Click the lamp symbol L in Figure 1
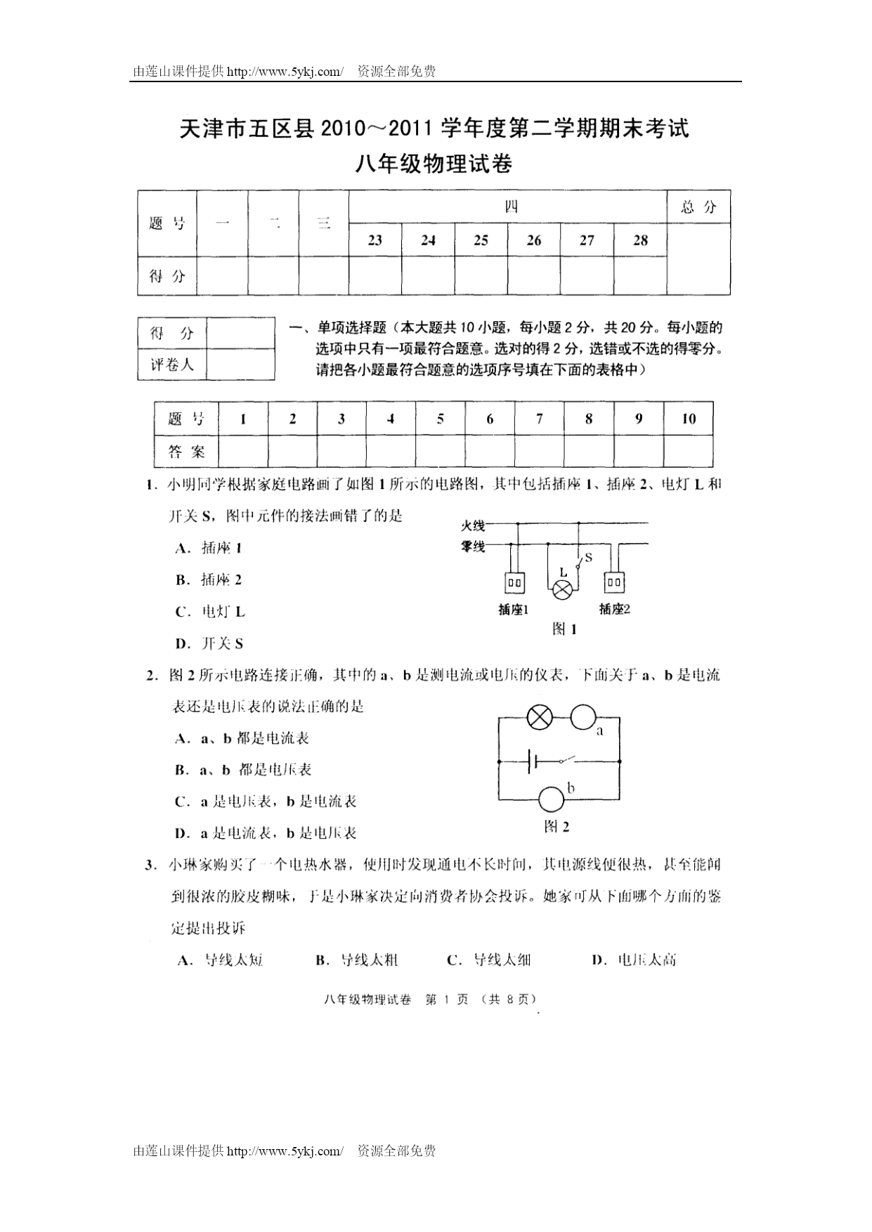[562, 590]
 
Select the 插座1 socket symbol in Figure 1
[514, 582]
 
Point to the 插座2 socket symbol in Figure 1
[615, 582]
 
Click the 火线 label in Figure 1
[473, 525]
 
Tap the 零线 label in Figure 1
[473, 546]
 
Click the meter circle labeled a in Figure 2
[583, 717]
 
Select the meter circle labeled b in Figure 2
[552, 799]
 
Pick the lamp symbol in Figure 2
[540, 717]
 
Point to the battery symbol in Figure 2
[532, 761]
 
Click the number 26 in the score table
[534, 241]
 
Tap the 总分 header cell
[698, 207]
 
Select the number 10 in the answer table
[689, 419]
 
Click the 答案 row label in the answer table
[187, 452]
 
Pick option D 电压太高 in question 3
[635, 960]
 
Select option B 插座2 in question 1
[209, 580]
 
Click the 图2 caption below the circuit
[557, 827]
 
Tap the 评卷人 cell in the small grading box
[172, 365]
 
